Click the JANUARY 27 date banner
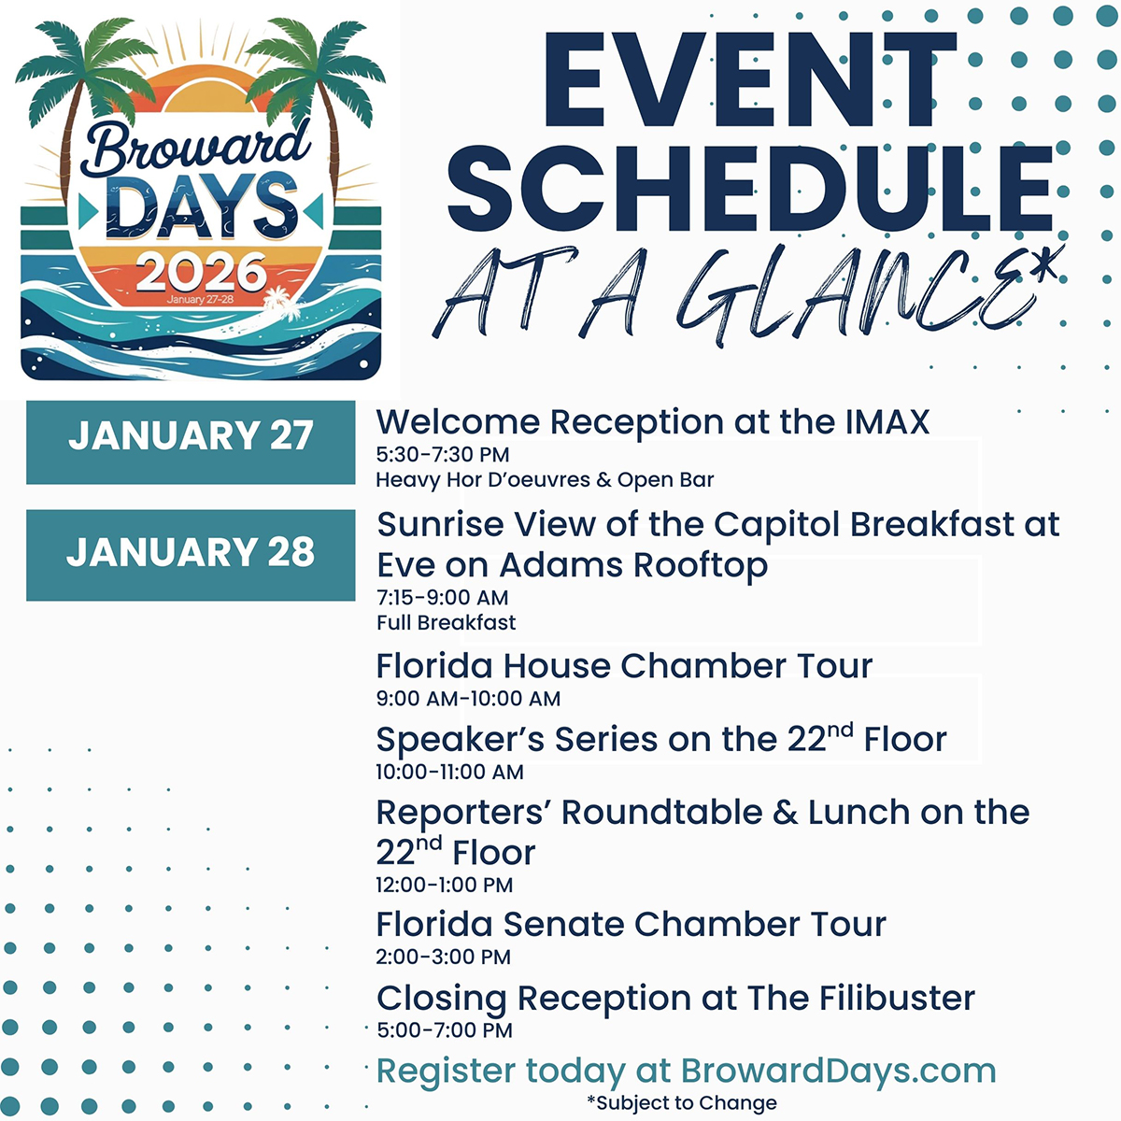(x=191, y=442)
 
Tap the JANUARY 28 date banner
(x=191, y=555)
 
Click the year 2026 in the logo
(x=201, y=272)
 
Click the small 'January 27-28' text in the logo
(x=200, y=300)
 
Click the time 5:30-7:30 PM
(x=443, y=454)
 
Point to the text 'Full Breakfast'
(x=447, y=622)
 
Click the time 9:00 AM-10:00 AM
(x=468, y=698)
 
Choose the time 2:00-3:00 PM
(x=444, y=957)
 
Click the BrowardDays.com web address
(x=838, y=1071)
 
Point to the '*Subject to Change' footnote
(x=682, y=1103)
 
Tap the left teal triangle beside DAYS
(x=88, y=212)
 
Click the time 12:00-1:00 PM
(x=445, y=885)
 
